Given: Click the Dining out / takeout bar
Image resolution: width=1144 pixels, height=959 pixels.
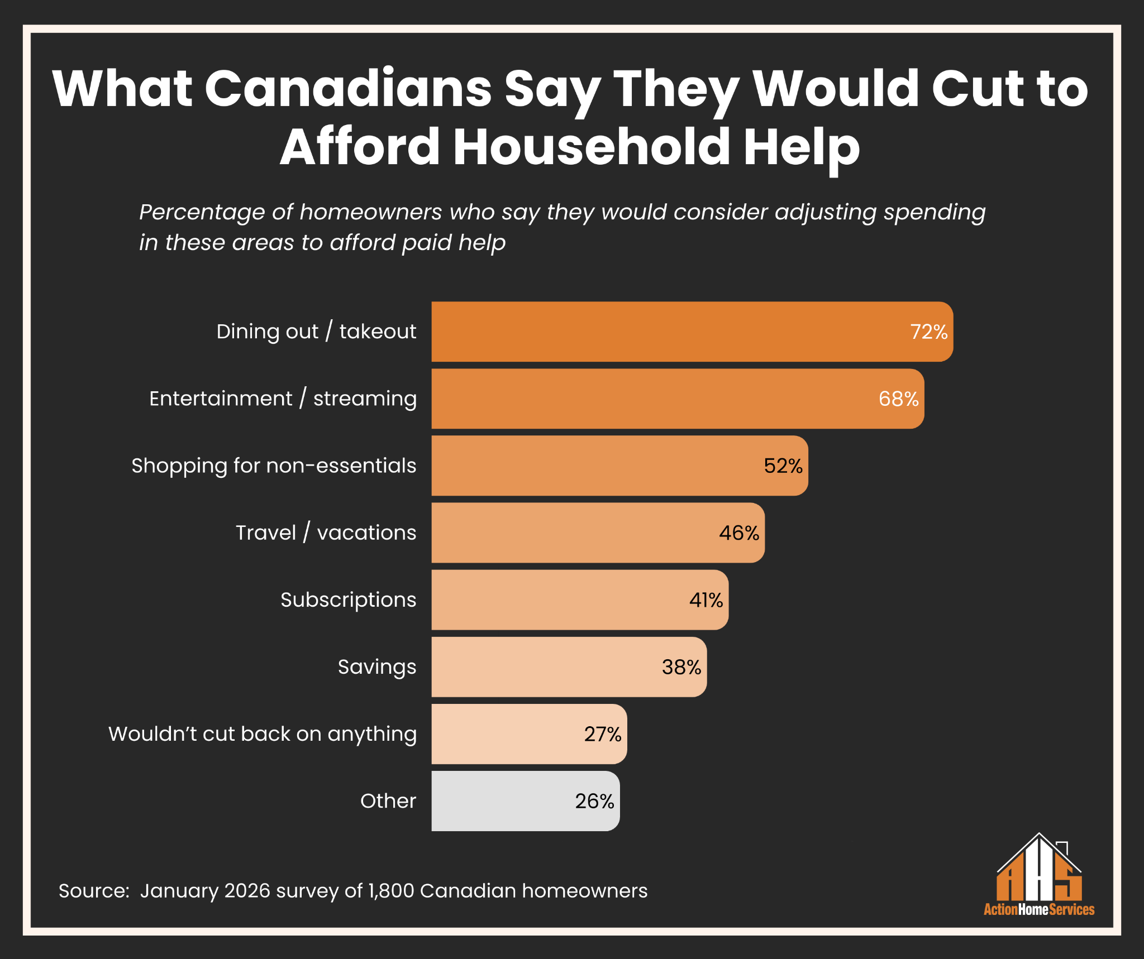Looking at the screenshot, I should click(x=670, y=332).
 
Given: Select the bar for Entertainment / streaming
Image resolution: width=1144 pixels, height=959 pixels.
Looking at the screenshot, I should click(x=654, y=399).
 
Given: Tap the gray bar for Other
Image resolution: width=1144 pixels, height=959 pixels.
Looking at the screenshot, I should click(x=503, y=801).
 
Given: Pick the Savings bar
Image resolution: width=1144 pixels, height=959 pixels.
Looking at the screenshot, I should click(x=547, y=667).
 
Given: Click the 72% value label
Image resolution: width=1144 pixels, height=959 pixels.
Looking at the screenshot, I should click(x=929, y=332).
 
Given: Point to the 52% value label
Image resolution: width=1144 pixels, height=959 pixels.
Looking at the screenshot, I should click(x=783, y=466).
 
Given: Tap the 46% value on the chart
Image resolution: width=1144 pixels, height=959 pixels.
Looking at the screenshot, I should click(x=739, y=533).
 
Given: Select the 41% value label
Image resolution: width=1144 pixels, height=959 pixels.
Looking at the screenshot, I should click(x=706, y=600).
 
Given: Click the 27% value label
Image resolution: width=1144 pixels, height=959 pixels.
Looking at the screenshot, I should click(x=603, y=734).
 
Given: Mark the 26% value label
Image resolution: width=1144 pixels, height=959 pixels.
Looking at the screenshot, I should click(x=594, y=801).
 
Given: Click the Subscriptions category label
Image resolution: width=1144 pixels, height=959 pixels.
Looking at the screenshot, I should click(x=348, y=600).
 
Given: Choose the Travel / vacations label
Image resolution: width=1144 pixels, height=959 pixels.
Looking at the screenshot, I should click(x=326, y=533).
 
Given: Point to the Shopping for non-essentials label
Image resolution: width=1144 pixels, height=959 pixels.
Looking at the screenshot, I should click(x=274, y=466).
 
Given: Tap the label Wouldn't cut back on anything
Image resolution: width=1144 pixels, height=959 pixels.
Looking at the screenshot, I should click(x=263, y=734).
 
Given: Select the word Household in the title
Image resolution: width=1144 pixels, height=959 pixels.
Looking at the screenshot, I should click(x=592, y=147).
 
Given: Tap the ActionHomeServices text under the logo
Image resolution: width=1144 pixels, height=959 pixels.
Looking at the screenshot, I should click(x=1039, y=909).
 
